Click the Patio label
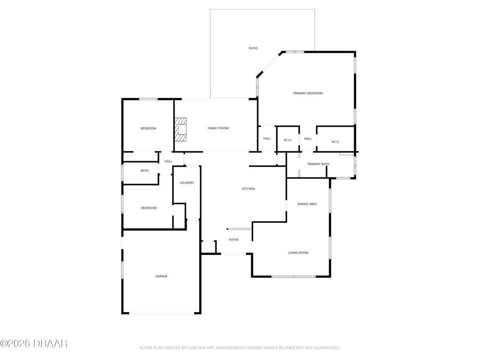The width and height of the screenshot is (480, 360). [x=253, y=49]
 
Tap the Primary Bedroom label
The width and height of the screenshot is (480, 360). [x=308, y=93]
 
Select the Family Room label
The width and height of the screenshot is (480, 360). [x=218, y=128]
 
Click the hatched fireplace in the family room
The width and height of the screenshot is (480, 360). [x=181, y=129]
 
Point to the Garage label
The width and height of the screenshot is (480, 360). [x=162, y=276]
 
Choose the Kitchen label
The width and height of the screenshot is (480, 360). [x=249, y=189]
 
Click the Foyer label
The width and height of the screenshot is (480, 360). [x=234, y=240]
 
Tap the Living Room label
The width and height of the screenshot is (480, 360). [x=298, y=253]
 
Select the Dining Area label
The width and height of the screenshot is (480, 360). [x=307, y=204]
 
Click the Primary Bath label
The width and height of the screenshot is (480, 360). [x=318, y=164]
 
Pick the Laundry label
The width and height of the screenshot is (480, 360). [x=187, y=183]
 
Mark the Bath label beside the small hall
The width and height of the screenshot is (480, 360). [x=145, y=171]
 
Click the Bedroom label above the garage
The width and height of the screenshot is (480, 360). [x=149, y=208]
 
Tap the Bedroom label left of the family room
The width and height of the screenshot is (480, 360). [x=148, y=129]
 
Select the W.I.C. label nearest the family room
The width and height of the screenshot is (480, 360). [x=288, y=140]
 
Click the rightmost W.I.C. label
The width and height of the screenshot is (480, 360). [x=335, y=141]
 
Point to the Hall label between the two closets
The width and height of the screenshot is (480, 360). [x=308, y=139]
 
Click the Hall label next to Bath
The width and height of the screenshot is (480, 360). [x=168, y=161]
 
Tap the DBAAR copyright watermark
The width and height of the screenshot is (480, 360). [x=34, y=343]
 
